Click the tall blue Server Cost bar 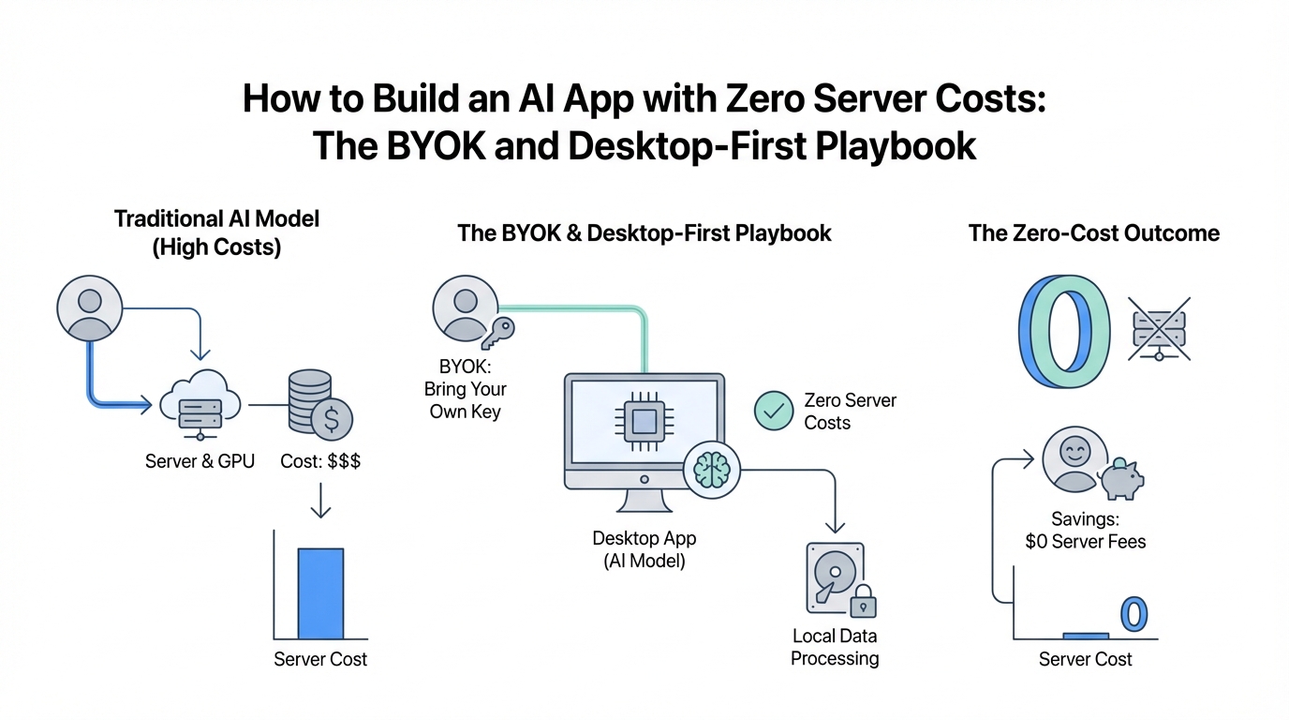tap(320, 592)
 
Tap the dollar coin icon tap(332, 420)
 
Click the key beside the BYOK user tap(494, 335)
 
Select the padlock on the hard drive tap(863, 599)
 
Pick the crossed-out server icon tap(1160, 329)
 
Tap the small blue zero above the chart tap(1133, 614)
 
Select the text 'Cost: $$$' tap(320, 461)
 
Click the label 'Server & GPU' tap(200, 461)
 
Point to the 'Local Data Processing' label tap(835, 647)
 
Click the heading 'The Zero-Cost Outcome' tap(1094, 233)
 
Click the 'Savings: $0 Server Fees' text tap(1086, 530)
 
